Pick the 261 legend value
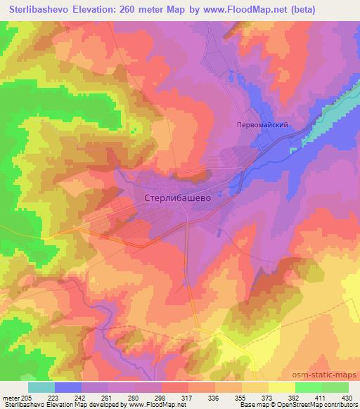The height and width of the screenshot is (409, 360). [x=108, y=398]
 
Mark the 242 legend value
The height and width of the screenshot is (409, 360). [x=81, y=398]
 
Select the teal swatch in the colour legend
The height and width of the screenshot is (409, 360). [x=41, y=387]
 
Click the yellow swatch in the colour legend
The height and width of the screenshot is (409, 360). [x=281, y=387]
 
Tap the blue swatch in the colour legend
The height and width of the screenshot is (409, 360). [x=68, y=387]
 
